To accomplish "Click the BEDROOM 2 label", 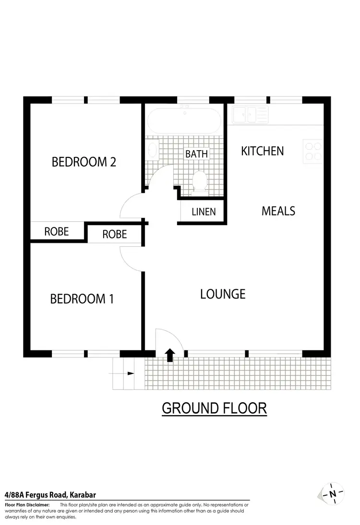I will pyautogui.click(x=84, y=162).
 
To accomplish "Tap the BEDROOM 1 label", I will pyautogui.click(x=82, y=299).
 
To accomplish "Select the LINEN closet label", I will pyautogui.click(x=204, y=212).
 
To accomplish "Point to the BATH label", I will pyautogui.click(x=197, y=154).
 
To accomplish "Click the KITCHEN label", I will pyautogui.click(x=262, y=151).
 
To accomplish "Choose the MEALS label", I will pyautogui.click(x=278, y=211).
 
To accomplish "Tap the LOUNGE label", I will pyautogui.click(x=223, y=294).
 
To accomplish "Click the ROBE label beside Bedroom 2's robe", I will pyautogui.click(x=57, y=231).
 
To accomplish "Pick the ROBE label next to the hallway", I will pyautogui.click(x=115, y=234).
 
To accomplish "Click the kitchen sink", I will pyautogui.click(x=250, y=115).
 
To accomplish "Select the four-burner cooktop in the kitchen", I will pyautogui.click(x=312, y=151).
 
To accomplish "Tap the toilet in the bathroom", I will pyautogui.click(x=199, y=181).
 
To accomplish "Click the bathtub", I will pyautogui.click(x=184, y=120).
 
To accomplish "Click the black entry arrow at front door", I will pyautogui.click(x=169, y=355).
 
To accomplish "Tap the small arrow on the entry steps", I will pyautogui.click(x=131, y=373).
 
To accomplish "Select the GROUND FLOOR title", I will pyautogui.click(x=214, y=408).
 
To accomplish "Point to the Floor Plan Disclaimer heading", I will pyautogui.click(x=27, y=505).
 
